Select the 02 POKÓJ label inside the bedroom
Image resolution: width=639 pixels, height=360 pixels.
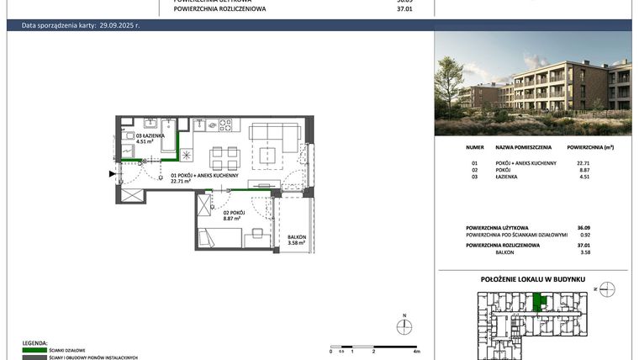pos(233,213)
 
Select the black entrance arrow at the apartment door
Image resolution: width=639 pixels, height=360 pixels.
pos(112,175)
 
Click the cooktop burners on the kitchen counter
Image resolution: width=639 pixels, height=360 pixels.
pos(224,125)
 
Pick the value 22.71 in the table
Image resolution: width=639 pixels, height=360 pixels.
pos(583,163)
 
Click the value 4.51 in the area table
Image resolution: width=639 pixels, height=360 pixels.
pos(583,177)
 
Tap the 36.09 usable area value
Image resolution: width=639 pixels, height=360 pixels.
pos(583,227)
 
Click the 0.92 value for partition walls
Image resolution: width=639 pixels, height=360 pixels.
pos(583,235)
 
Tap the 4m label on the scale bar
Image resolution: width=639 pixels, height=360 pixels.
pos(416,351)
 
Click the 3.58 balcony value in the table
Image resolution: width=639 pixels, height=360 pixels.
pos(583,251)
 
